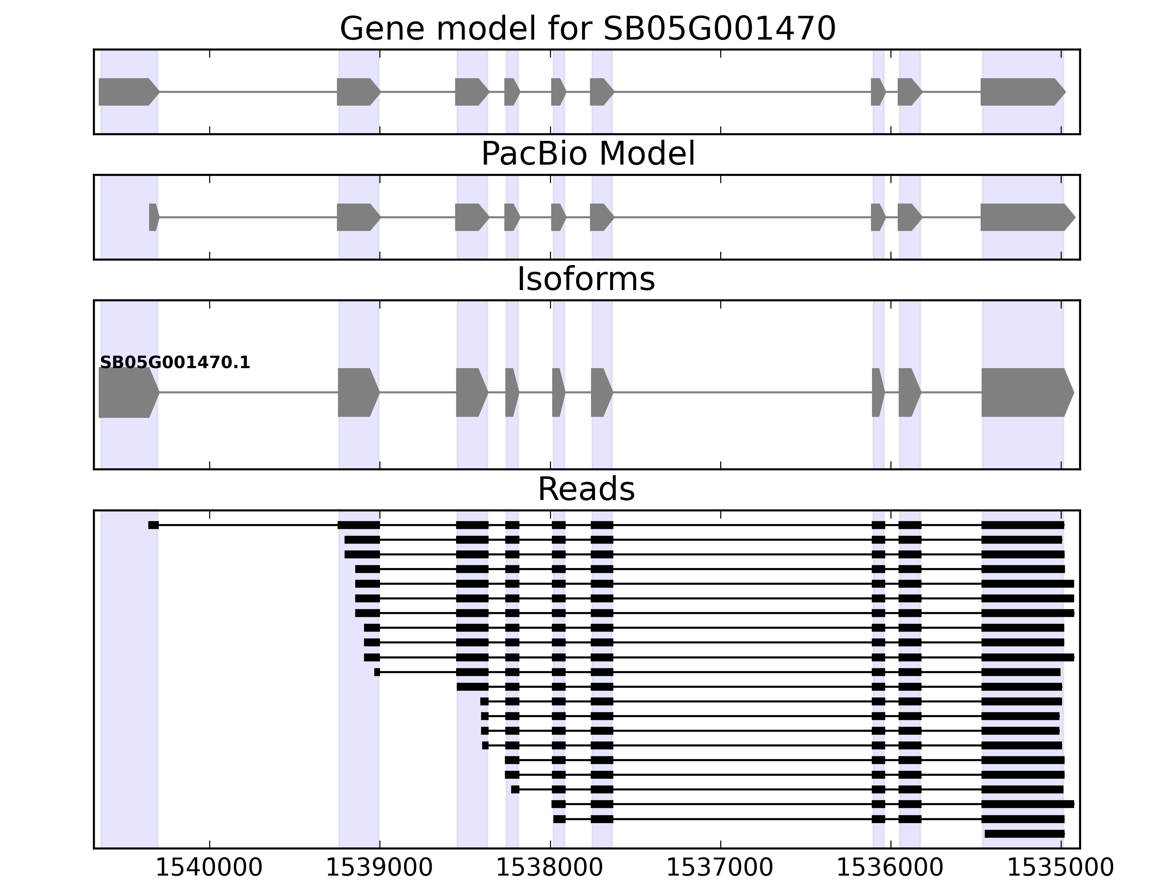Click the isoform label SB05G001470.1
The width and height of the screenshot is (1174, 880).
175,363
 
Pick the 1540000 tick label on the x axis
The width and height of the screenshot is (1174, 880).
209,868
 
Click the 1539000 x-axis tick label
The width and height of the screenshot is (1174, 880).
379,868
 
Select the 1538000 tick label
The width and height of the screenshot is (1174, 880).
550,868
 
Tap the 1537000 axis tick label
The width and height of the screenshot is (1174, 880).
720,868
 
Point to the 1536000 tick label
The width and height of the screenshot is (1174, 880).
890,868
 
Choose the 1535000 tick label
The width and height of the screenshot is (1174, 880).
1060,868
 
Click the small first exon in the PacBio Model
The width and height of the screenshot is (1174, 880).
153,217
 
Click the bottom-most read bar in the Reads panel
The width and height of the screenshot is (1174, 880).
1024,834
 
